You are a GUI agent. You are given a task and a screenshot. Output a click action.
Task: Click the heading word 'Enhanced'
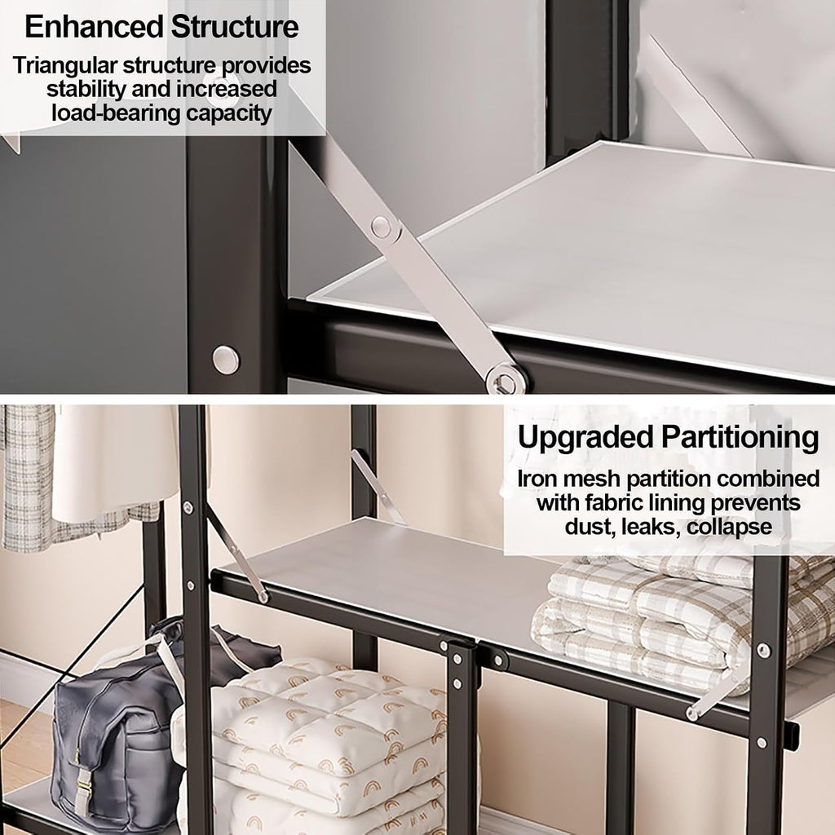coord(94,27)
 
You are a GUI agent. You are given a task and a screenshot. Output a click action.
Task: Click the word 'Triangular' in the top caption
coord(65,65)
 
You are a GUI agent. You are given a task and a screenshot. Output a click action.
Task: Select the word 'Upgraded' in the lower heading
coord(585,438)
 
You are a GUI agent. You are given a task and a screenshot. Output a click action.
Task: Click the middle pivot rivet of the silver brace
coord(382,227)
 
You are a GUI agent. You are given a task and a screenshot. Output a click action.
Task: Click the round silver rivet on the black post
coord(226,360)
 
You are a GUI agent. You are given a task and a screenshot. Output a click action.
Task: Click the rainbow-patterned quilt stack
coord(325,745)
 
